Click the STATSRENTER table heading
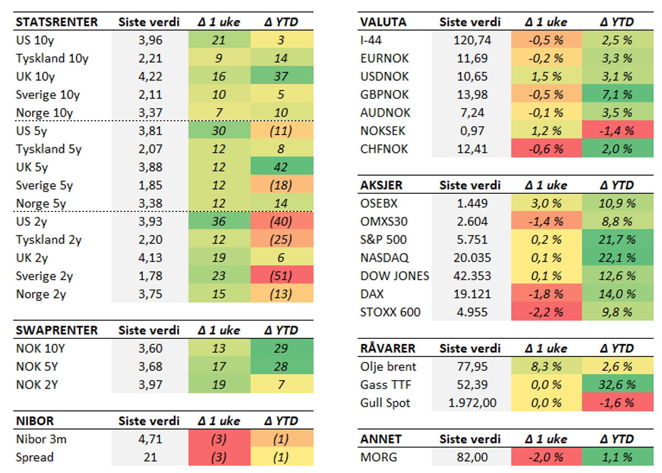tap(57, 22)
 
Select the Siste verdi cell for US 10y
tap(149, 40)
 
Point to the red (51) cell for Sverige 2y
tap(281, 275)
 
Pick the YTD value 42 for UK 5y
tap(281, 167)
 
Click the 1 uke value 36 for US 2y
tap(219, 221)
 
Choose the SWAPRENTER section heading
tap(57, 330)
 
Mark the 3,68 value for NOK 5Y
tap(149, 366)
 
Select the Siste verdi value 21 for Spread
tap(149, 457)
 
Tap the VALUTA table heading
tap(383, 22)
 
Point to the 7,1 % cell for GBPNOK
tap(617, 94)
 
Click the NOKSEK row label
tap(384, 131)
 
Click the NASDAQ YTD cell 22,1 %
tap(617, 258)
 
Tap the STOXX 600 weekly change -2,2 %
tap(545, 312)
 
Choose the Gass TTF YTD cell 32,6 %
tap(617, 385)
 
